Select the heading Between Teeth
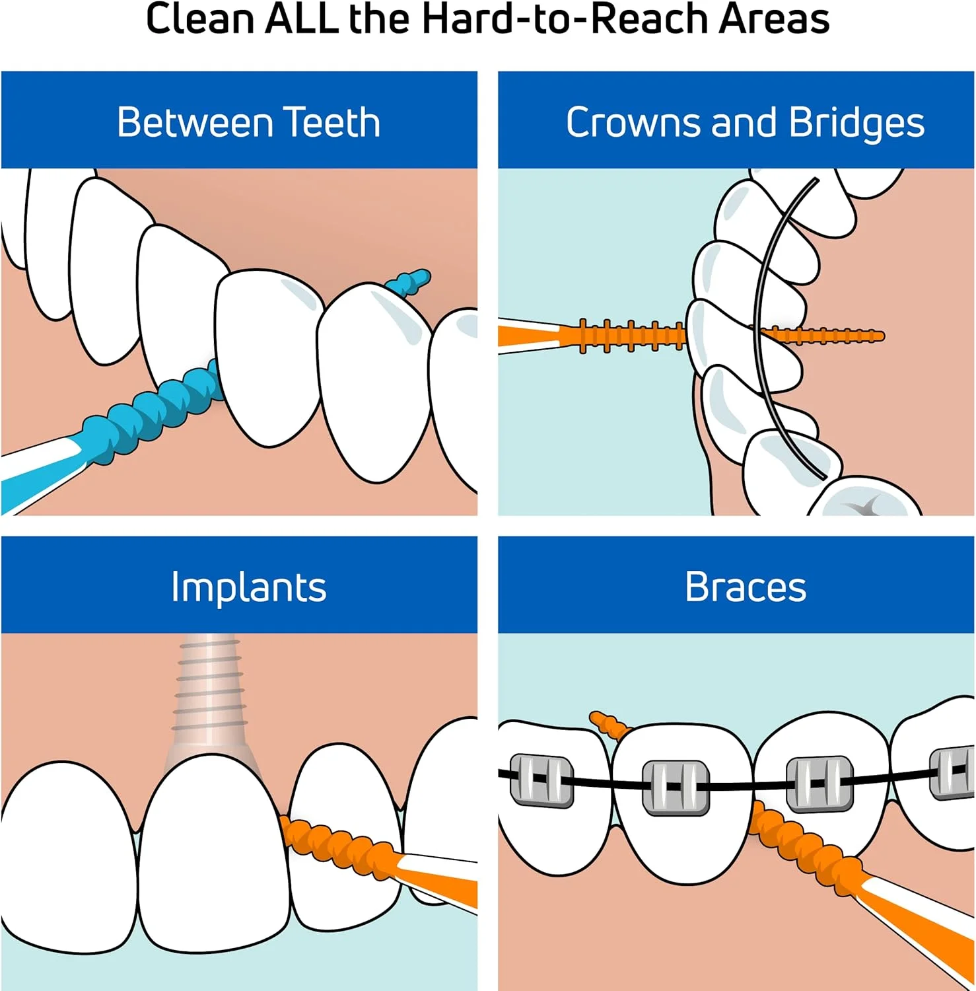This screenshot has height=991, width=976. point(248,122)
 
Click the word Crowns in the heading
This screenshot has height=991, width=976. point(633,122)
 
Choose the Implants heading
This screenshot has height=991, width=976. point(248,587)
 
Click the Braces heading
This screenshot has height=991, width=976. point(746,587)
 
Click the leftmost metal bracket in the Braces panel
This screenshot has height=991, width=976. point(541,780)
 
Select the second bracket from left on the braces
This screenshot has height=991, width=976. point(675,786)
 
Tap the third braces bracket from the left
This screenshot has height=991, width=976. point(818,783)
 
